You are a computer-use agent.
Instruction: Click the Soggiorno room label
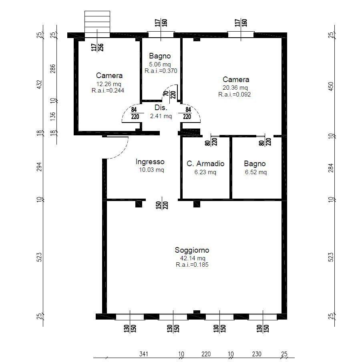192,250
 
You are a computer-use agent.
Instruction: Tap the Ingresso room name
150,162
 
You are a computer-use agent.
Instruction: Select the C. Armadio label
205,164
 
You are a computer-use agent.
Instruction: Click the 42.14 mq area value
193,258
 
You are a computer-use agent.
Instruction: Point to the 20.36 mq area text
235,88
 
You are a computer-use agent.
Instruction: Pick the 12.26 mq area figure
109,84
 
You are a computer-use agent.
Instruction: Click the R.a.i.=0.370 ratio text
161,71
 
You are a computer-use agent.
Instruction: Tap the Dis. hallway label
161,108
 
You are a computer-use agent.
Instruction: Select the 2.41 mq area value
161,116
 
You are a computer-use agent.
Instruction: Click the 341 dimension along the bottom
143,354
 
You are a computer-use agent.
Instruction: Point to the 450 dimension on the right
331,86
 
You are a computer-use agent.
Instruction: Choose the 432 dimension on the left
40,84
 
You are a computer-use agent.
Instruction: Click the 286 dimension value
53,69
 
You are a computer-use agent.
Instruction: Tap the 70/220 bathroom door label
169,95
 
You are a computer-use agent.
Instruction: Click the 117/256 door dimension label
97,47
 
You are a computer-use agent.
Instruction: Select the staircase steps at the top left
97,24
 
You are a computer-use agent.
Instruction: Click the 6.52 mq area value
256,172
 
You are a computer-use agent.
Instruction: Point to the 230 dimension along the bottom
257,354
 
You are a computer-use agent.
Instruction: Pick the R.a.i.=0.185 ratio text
192,265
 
